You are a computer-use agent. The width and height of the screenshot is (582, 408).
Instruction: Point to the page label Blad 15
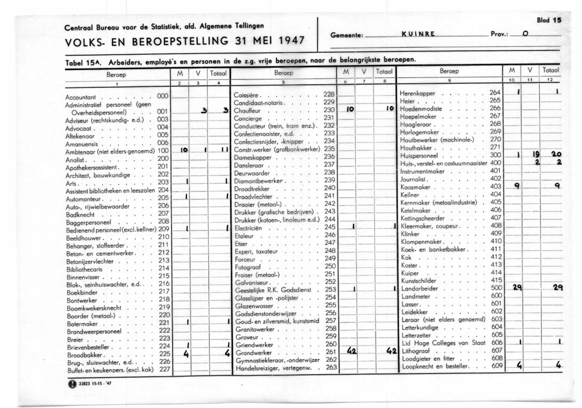[549, 20]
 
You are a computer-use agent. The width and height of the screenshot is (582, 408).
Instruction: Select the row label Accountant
[81, 98]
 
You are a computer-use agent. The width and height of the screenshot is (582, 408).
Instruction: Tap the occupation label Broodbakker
[85, 354]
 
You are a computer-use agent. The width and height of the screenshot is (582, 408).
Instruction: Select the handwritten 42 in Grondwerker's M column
[351, 352]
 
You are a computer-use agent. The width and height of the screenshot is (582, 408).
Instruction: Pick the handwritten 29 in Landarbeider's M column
[516, 287]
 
